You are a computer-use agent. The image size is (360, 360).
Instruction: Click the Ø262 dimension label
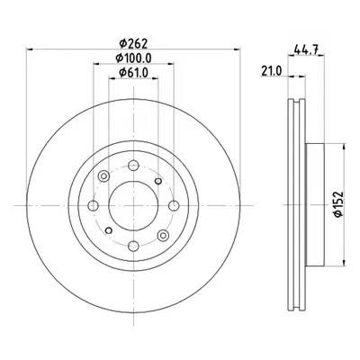133,44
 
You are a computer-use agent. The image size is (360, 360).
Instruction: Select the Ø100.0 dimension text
133,58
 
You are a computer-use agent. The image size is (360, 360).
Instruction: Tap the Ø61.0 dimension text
133,73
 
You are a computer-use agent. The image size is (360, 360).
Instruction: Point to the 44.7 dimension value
306,49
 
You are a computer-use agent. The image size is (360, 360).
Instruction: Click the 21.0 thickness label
272,71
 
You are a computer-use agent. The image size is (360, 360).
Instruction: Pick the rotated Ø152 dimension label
337,204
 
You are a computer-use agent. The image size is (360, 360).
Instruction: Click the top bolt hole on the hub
133,166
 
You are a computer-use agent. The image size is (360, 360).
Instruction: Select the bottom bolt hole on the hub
133,247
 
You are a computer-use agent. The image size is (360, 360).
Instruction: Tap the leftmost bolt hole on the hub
94,206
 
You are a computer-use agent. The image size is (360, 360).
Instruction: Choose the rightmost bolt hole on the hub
174,206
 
